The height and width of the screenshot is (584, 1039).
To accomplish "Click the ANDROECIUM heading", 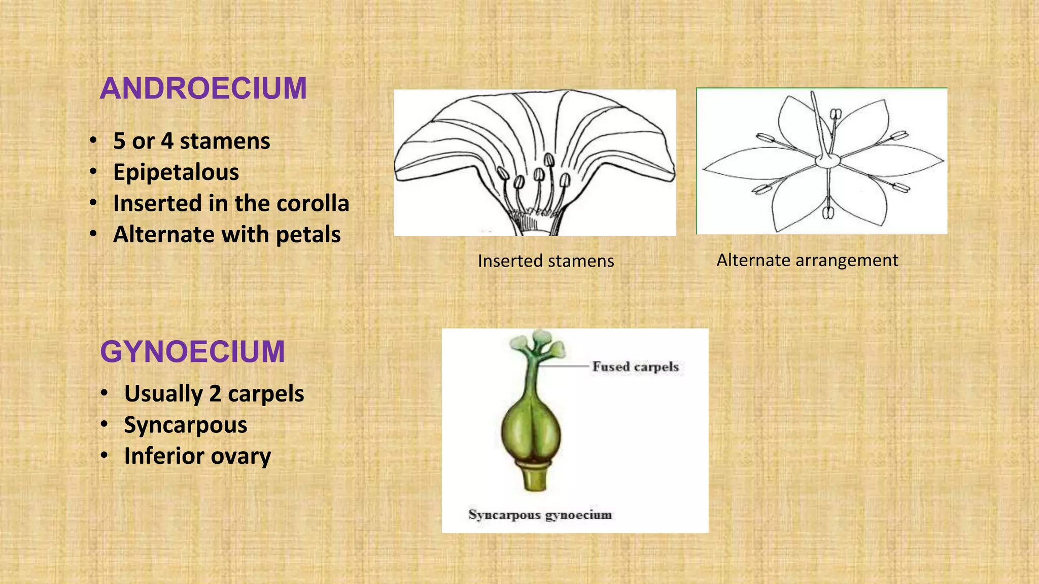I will point(203,88).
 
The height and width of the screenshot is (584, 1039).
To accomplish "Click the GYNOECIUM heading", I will point(192,351).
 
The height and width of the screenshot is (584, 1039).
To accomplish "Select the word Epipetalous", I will point(176,172).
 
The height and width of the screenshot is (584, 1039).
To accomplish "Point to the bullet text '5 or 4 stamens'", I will point(192,141).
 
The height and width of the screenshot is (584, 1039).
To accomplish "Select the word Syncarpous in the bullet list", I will point(186,425).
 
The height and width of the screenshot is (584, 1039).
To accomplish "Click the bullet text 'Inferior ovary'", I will point(197,456).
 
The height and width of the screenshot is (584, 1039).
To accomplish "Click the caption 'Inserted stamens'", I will point(546,261).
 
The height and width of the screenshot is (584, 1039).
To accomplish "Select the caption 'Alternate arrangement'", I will point(807,260).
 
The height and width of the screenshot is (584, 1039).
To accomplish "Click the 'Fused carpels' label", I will point(635,367).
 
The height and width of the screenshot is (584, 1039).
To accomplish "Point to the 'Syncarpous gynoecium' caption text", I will point(540,515).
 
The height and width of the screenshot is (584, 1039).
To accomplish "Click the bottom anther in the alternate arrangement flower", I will point(828,212).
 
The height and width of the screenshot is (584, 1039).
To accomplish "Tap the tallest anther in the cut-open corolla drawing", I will point(549,160).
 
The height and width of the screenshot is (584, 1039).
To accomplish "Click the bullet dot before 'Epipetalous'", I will point(93,172).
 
